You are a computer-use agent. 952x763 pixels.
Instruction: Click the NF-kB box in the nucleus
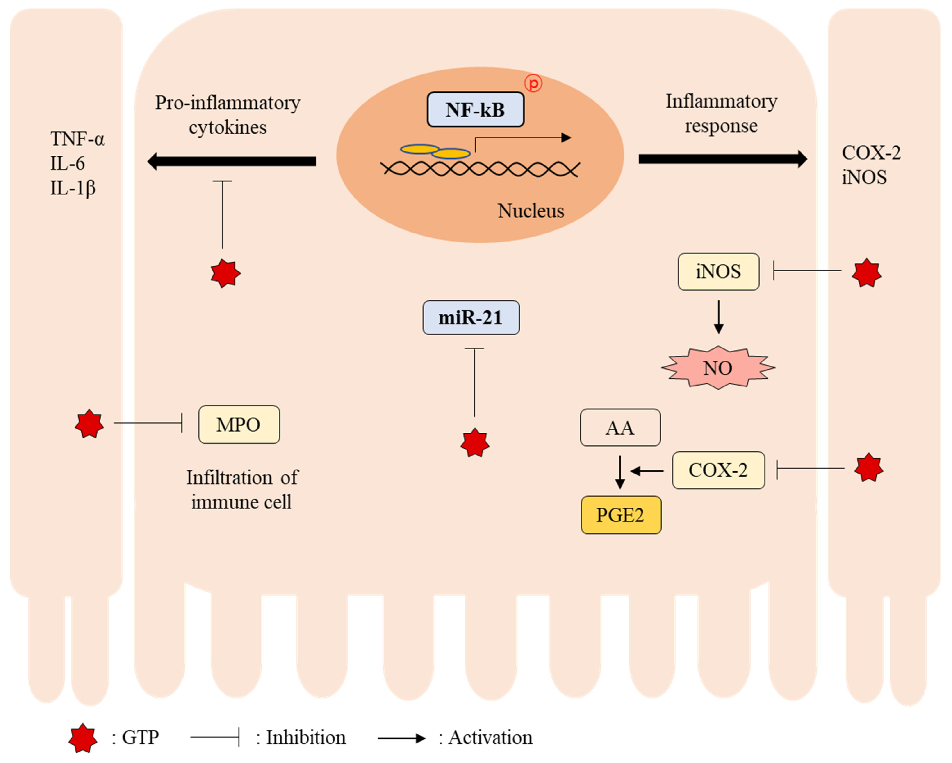tap(475, 109)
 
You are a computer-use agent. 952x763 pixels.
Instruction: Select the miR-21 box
tap(471, 318)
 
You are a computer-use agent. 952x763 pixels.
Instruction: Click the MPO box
tap(239, 424)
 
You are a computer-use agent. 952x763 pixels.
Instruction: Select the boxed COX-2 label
tap(718, 470)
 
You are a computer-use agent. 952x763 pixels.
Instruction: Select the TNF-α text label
tap(77, 139)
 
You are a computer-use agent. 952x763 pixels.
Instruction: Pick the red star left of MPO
tap(89, 424)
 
